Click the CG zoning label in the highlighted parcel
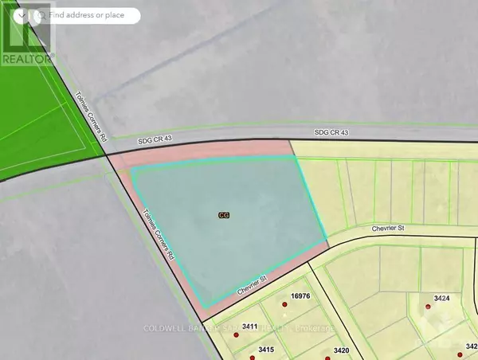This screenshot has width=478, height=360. [223, 214]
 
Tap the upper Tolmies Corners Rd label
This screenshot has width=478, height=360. [89, 124]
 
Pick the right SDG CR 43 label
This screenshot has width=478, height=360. [331, 131]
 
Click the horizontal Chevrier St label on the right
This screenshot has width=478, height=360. [389, 228]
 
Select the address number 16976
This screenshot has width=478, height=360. [300, 295]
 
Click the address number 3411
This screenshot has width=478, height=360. [249, 327]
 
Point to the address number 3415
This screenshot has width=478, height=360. [266, 350]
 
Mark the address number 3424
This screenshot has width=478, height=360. [443, 298]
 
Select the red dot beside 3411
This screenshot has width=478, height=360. [235, 335]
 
